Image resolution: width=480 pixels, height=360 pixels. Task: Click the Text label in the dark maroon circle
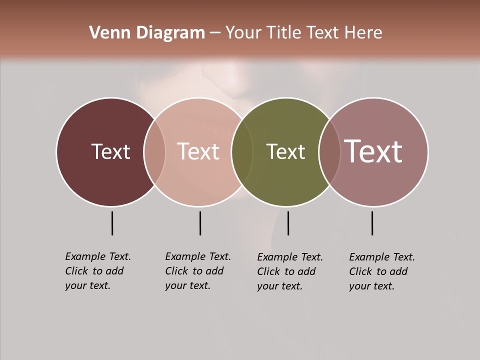[x=110, y=151]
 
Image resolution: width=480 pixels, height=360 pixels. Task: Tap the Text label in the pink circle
[x=198, y=151]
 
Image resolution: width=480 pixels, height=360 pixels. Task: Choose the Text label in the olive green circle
[x=285, y=151]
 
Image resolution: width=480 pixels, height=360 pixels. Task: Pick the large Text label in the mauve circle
[x=373, y=151]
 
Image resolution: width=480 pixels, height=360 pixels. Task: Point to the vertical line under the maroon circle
[x=112, y=223]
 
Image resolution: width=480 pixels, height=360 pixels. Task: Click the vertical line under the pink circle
[x=200, y=223]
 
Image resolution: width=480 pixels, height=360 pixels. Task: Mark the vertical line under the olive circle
[x=288, y=223]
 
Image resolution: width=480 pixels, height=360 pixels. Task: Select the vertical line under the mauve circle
[x=372, y=223]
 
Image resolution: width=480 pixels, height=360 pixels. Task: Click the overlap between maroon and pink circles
[x=154, y=152]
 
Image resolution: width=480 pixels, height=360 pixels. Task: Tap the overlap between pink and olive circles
[x=242, y=152]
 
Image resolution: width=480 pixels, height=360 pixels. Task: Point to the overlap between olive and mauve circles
[x=329, y=152]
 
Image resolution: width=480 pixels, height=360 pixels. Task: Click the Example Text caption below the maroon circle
[x=97, y=271]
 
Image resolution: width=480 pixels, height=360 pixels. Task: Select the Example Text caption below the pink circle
[x=197, y=271]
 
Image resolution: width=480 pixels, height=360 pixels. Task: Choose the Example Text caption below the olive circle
[x=289, y=271]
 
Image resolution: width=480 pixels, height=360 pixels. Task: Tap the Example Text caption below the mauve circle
[x=381, y=271]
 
